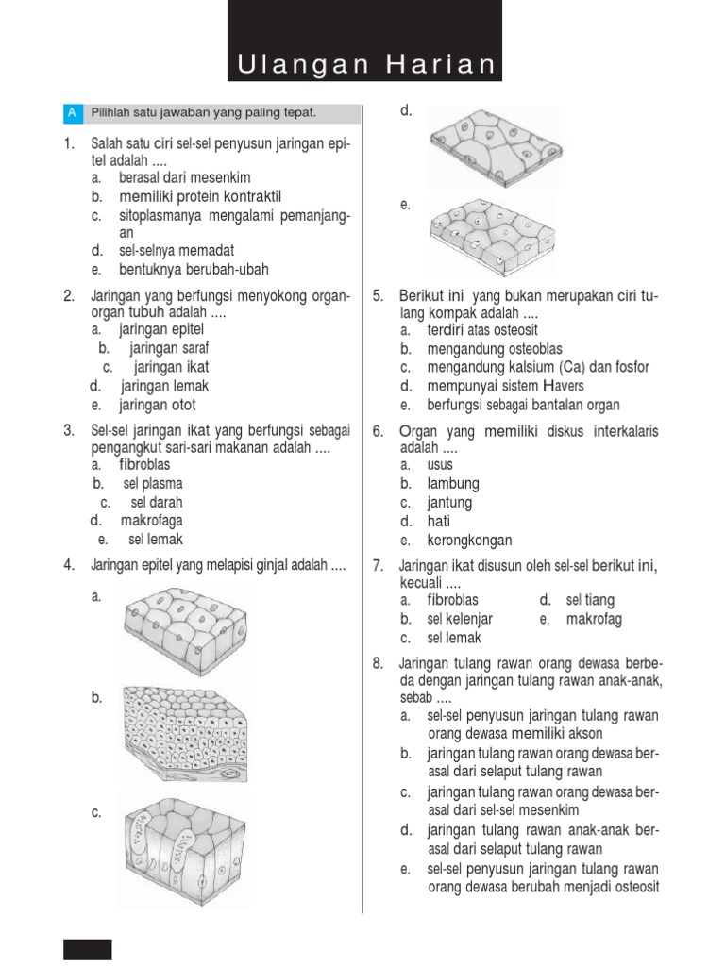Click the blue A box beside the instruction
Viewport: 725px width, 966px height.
tap(73, 113)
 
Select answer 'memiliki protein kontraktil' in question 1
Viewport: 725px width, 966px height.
tap(200, 196)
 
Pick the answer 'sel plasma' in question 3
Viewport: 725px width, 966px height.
tap(153, 483)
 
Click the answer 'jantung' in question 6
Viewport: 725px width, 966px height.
tap(449, 502)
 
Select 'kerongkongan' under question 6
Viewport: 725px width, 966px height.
tap(469, 541)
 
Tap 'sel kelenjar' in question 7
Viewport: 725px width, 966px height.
tap(460, 619)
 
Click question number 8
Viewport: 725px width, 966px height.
tap(379, 663)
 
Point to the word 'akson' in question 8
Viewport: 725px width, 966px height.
tap(583, 733)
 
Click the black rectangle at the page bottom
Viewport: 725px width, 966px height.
tap(88, 948)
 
